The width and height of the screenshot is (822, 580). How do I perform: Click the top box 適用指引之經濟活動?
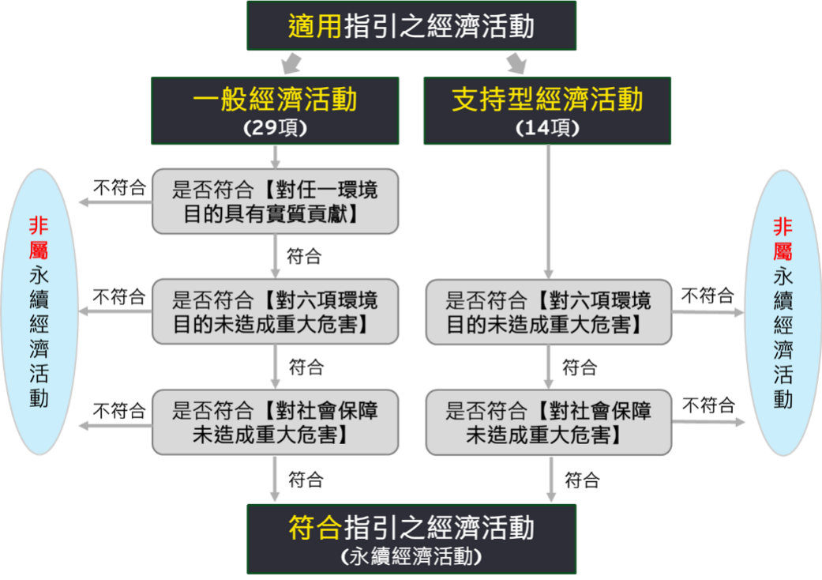coord(411,26)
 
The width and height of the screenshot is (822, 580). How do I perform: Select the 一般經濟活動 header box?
coord(275,110)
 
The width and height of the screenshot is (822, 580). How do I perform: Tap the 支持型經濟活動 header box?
coord(547,110)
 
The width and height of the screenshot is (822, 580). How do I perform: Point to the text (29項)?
coord(275,129)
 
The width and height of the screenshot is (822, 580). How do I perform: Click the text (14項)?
coord(547,129)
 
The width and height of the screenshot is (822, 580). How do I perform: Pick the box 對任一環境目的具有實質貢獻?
coord(275,201)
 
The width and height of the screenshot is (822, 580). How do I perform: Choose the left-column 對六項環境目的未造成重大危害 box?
coord(275,311)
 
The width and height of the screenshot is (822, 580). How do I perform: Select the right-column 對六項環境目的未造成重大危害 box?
coord(548,311)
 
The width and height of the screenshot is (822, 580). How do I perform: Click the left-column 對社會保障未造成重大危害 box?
coord(275,421)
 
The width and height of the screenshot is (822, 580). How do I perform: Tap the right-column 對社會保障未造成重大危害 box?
coord(548,421)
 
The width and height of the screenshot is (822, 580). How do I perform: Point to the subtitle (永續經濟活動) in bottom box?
coord(411,556)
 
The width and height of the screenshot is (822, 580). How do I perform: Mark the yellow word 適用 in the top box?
coord(315,27)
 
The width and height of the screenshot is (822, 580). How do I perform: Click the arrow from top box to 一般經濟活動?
coord(291,62)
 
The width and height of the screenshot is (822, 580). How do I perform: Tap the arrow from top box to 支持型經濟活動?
coord(517,62)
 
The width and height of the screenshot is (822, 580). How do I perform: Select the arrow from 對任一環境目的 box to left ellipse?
coord(114,202)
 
